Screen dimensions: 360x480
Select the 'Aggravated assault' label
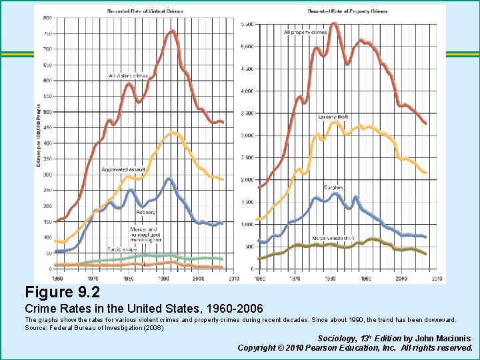123,170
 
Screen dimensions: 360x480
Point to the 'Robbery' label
146,213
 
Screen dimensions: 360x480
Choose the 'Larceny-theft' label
333,117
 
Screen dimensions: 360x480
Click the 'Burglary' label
334,187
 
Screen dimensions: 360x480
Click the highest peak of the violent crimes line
172,31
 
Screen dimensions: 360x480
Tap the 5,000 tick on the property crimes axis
246,46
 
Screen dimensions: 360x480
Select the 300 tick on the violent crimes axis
47,175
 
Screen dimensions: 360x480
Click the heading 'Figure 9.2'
63,292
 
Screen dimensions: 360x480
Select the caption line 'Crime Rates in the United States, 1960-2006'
143,309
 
